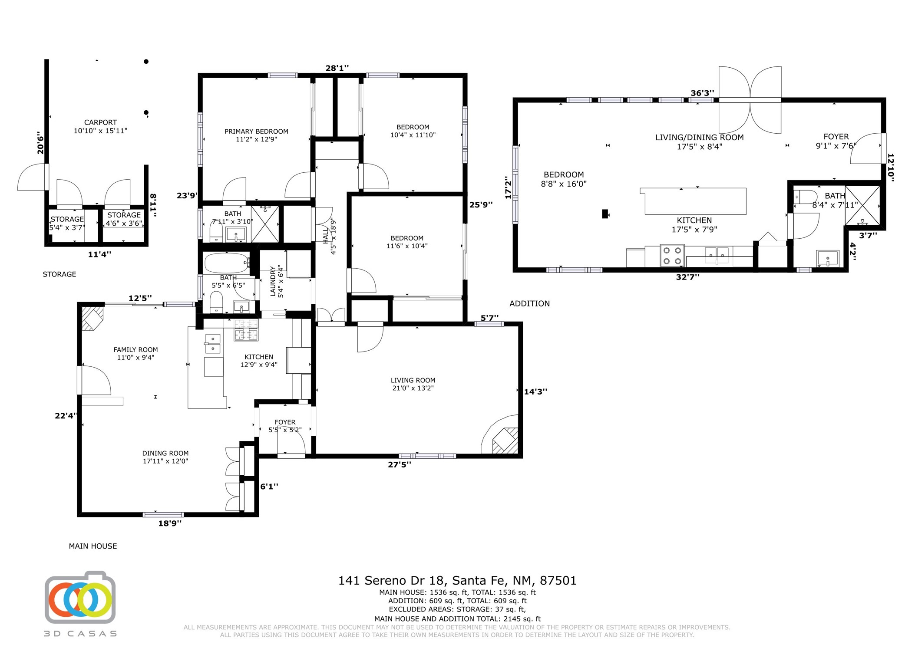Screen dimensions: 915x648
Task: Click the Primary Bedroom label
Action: point(256,135)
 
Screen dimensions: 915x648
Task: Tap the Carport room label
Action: point(100,126)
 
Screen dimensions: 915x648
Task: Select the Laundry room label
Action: point(277,281)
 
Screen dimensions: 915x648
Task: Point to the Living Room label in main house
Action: point(413,384)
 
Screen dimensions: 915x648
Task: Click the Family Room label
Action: point(135,353)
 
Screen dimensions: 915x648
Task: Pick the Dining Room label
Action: point(165,457)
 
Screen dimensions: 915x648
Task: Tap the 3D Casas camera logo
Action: point(80,597)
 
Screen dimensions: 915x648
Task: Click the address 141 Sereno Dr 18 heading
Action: point(457,580)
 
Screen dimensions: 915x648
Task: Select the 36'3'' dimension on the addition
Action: point(702,93)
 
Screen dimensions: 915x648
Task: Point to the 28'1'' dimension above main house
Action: point(337,68)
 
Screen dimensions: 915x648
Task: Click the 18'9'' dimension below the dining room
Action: point(170,523)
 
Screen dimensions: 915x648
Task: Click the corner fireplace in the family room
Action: point(92,318)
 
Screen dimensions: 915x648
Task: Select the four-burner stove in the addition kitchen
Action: point(672,256)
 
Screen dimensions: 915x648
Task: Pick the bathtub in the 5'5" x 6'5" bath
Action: point(227,263)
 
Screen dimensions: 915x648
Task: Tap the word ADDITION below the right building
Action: point(529,303)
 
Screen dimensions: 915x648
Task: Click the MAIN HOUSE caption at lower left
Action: point(93,546)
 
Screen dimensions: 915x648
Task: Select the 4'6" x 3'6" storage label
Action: point(124,219)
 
